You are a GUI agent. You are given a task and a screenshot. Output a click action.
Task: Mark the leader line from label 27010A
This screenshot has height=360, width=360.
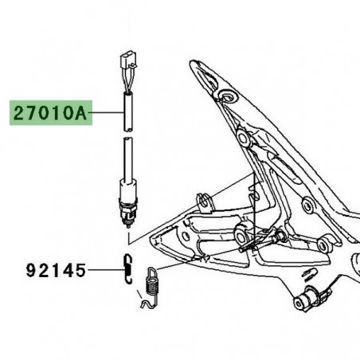tap(103, 114)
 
